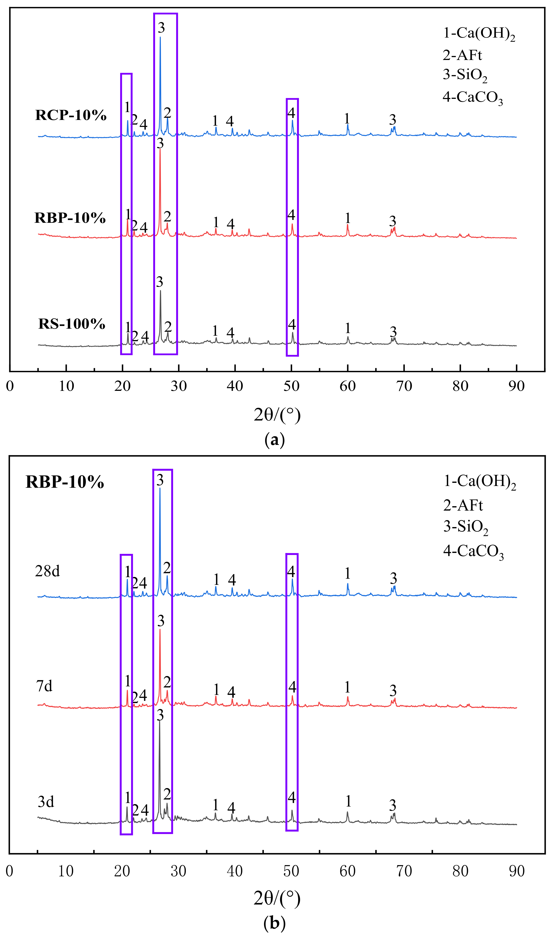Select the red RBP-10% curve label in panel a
coord(70,218)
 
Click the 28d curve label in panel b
coord(47,571)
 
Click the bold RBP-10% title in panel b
coord(64,482)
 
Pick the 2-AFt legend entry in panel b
coord(463,506)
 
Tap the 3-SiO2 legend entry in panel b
coord(466,527)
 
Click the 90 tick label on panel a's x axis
coord(516,386)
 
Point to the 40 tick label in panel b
coord(235,871)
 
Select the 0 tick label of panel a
coord(10,386)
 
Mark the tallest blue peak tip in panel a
coord(160,37)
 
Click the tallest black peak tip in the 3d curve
coord(159,722)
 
